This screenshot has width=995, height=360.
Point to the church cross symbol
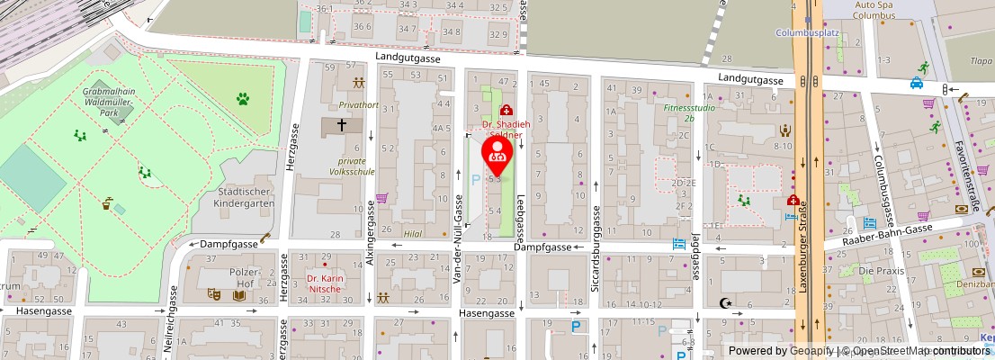click(x=342, y=126)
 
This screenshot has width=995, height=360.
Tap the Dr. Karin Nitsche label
click(x=326, y=283)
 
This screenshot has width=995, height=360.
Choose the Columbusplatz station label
click(x=807, y=33)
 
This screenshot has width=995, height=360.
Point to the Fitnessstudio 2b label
click(x=678, y=112)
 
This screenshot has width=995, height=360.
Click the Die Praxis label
click(x=879, y=271)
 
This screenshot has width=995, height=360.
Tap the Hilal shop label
click(x=413, y=232)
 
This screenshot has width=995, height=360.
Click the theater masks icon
click(x=214, y=293)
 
